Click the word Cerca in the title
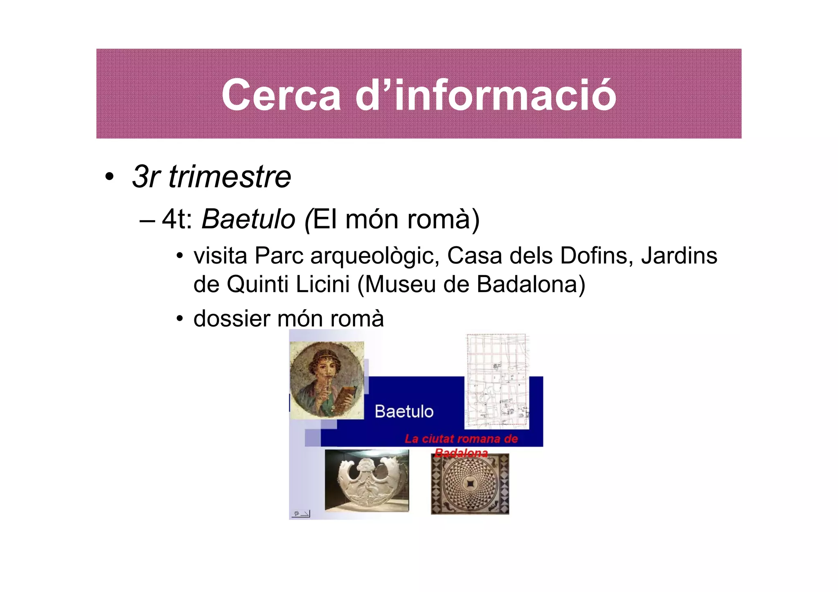pos(281,95)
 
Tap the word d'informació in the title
pos(486,95)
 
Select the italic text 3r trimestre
pos(211,177)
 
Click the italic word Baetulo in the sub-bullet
pos(248,219)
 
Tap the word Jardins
pos(679,256)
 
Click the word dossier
pos(232,319)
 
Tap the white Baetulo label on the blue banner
pos(404,412)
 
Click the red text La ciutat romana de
pos(461,439)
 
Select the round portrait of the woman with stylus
pos(327,380)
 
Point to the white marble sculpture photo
pos(367,480)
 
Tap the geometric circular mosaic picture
pos(470,484)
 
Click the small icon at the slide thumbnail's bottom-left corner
pos(301,513)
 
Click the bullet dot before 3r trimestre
pos(109,178)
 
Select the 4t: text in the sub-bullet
pos(177,219)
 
